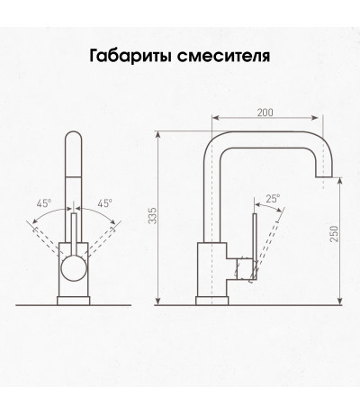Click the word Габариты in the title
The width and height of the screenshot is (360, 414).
(130, 56)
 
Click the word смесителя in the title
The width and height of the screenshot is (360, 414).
(223, 56)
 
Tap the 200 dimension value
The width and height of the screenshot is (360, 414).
(265, 112)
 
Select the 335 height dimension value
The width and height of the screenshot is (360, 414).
(153, 215)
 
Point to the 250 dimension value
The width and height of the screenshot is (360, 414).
(334, 233)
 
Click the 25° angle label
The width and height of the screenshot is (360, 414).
(273, 199)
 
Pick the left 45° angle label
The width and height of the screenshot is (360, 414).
(44, 203)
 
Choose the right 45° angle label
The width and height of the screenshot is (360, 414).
(104, 203)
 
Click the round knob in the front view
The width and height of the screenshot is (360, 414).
(74, 268)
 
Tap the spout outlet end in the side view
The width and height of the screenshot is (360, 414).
(323, 176)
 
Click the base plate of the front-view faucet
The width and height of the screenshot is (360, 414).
(74, 301)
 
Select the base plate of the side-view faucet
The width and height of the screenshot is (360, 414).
(211, 301)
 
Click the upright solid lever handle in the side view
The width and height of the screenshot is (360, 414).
(255, 246)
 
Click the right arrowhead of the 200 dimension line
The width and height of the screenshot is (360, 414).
(316, 118)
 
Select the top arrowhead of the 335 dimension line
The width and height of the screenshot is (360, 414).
(158, 135)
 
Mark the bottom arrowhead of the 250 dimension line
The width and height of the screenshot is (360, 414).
(339, 301)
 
